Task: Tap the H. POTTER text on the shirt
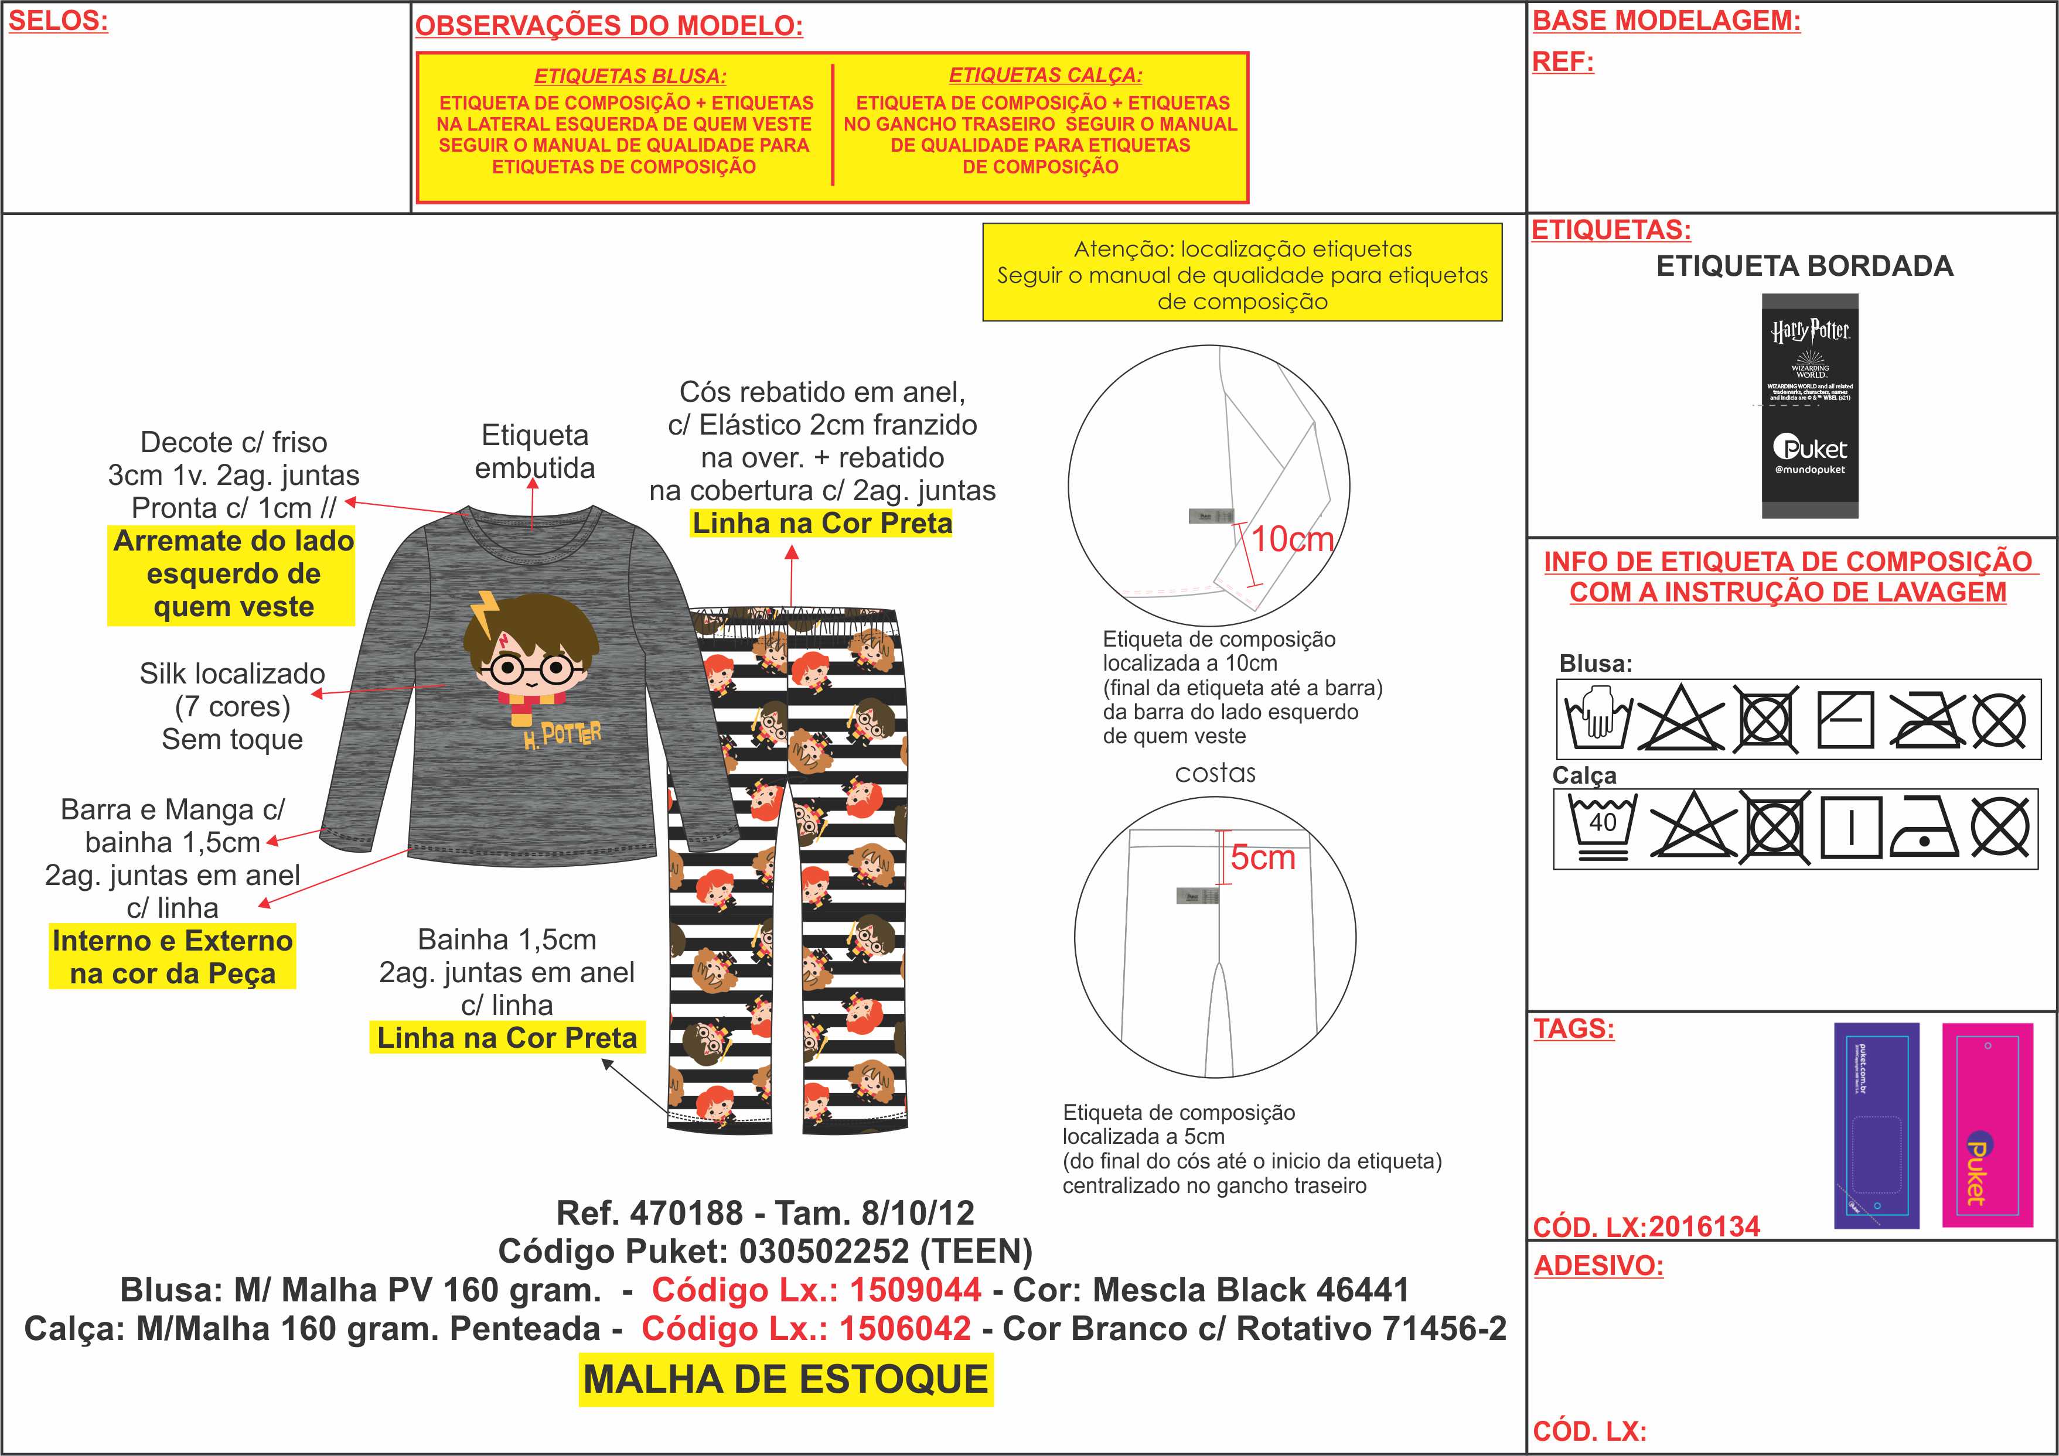(563, 736)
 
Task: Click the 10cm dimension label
(1292, 539)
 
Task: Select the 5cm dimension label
(1263, 858)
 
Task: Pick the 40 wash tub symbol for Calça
(1603, 826)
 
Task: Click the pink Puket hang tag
(1988, 1125)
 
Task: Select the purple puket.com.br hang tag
(1876, 1125)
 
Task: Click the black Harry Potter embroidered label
(1810, 405)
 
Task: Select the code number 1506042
(905, 1329)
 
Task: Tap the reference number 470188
(686, 1213)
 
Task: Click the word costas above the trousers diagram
(1215, 773)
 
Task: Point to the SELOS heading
(58, 20)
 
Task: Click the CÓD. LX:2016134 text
(1646, 1226)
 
